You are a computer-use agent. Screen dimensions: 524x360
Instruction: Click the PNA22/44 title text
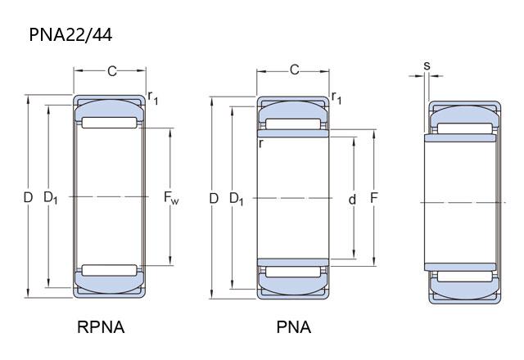pyautogui.click(x=70, y=34)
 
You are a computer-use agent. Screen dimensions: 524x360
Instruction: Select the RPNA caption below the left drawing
pyautogui.click(x=101, y=327)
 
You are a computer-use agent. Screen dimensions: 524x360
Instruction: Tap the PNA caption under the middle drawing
pyautogui.click(x=293, y=327)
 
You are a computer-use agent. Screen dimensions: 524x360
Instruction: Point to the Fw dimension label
pyautogui.click(x=171, y=197)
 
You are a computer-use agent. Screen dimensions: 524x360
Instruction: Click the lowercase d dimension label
pyautogui.click(x=352, y=200)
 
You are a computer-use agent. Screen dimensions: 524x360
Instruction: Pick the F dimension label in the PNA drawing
pyautogui.click(x=373, y=198)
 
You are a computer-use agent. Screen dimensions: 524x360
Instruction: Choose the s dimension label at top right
pyautogui.click(x=427, y=65)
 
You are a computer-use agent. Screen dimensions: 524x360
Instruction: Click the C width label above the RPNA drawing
pyautogui.click(x=112, y=71)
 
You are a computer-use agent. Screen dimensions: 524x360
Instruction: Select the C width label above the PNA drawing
pyautogui.click(x=294, y=70)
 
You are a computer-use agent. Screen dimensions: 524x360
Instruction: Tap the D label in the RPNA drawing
pyautogui.click(x=28, y=197)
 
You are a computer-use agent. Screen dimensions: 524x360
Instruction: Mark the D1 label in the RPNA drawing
pyautogui.click(x=51, y=198)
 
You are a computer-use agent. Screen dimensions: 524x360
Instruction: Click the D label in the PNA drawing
pyautogui.click(x=214, y=198)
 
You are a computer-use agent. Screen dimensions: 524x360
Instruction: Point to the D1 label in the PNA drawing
pyautogui.click(x=236, y=199)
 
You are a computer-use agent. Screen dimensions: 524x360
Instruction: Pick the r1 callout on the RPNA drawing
pyautogui.click(x=153, y=98)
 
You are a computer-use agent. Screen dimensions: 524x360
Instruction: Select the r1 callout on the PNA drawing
pyautogui.click(x=337, y=97)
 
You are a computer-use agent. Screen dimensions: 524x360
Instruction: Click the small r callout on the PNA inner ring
pyautogui.click(x=261, y=143)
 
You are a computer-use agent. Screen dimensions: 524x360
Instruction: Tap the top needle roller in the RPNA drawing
pyautogui.click(x=109, y=123)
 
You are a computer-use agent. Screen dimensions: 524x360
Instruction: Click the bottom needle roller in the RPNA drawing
pyautogui.click(x=109, y=270)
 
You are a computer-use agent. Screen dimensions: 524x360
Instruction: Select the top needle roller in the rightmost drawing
pyautogui.click(x=465, y=128)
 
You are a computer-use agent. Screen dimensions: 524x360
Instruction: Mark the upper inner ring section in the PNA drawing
pyautogui.click(x=293, y=133)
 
